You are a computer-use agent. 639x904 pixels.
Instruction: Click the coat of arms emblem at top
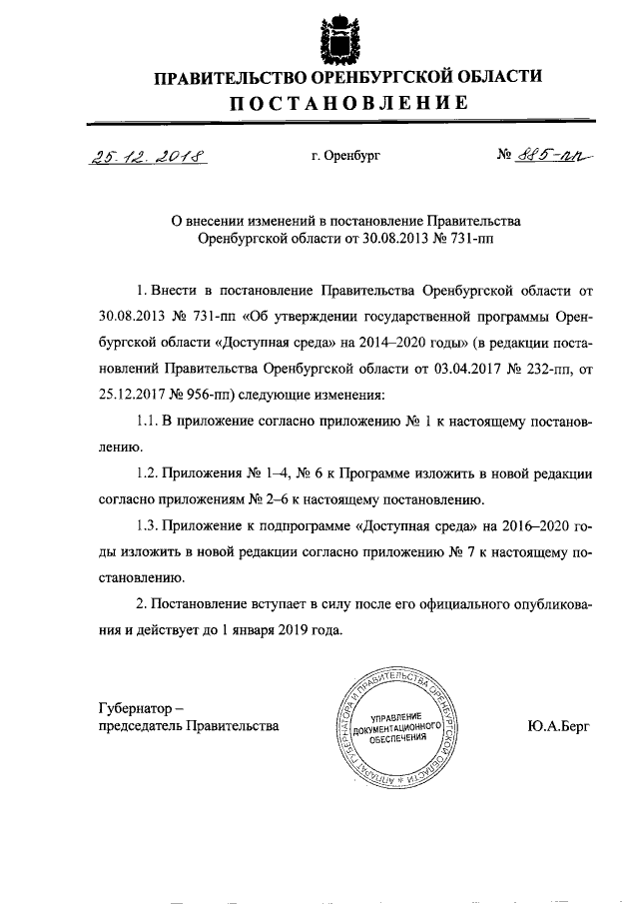click(335, 37)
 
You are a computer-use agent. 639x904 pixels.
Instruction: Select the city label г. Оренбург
click(345, 157)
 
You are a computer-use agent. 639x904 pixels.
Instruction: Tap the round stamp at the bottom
click(397, 726)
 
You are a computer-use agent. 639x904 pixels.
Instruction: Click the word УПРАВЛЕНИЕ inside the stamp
click(398, 718)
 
